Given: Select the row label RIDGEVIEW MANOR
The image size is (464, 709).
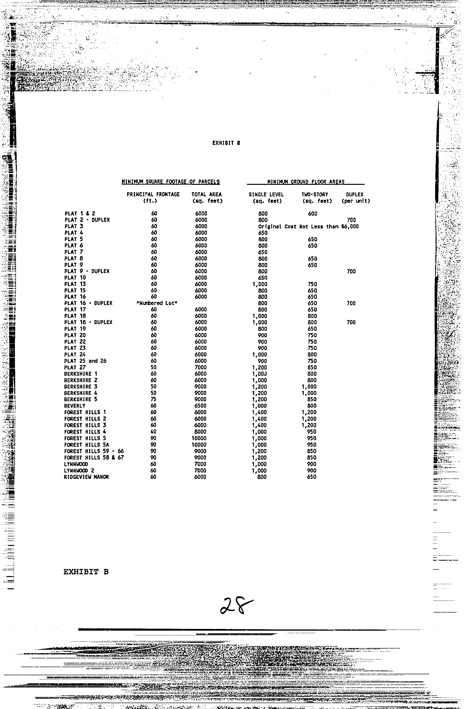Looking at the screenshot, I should (x=86, y=477).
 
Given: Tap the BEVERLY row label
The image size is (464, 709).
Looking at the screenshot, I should (x=75, y=406).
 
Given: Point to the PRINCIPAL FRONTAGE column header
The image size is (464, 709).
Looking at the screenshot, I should (x=153, y=194).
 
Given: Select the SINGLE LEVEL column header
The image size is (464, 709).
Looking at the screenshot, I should (x=266, y=194).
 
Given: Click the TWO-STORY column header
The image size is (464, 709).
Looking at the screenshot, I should (x=314, y=194).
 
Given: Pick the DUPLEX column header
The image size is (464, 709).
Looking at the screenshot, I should (x=355, y=194).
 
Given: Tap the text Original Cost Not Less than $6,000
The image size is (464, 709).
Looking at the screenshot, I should (x=309, y=226).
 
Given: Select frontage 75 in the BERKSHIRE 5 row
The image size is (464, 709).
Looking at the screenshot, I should (x=154, y=399).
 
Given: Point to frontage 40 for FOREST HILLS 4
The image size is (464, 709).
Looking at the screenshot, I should (x=154, y=432).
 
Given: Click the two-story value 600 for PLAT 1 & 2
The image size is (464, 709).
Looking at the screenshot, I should (x=312, y=213).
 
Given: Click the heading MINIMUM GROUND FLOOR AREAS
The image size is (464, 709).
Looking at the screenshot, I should (x=306, y=182).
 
